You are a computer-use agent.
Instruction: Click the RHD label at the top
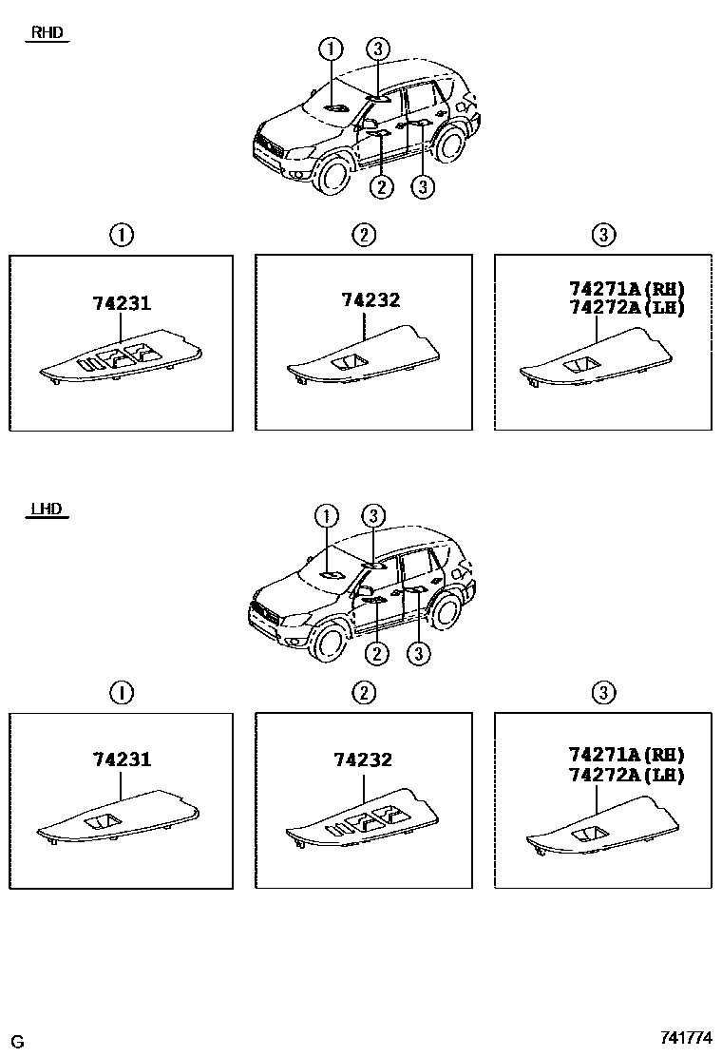click(x=47, y=32)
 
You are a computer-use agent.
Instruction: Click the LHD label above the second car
click(x=46, y=509)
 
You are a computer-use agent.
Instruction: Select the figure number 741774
click(x=687, y=1039)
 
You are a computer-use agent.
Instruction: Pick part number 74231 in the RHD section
click(x=122, y=303)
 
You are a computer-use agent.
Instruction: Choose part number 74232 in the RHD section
click(x=370, y=300)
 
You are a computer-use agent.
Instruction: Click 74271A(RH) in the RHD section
click(x=627, y=289)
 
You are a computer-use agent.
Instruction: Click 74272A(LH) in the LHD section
click(x=627, y=775)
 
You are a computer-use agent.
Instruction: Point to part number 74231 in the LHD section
click(x=122, y=759)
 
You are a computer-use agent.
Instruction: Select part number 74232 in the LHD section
click(x=363, y=759)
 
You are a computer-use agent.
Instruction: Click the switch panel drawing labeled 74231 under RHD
click(x=122, y=361)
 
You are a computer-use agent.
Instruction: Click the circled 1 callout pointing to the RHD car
click(x=330, y=48)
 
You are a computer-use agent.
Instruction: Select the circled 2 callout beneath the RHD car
click(x=382, y=187)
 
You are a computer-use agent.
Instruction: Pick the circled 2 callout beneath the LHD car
click(x=377, y=653)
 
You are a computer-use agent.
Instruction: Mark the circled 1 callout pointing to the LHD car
click(x=326, y=515)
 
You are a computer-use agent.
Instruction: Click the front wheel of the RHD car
click(x=332, y=175)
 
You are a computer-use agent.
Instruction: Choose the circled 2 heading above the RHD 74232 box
click(x=364, y=235)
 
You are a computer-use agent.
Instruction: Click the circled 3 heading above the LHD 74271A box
click(x=603, y=692)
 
